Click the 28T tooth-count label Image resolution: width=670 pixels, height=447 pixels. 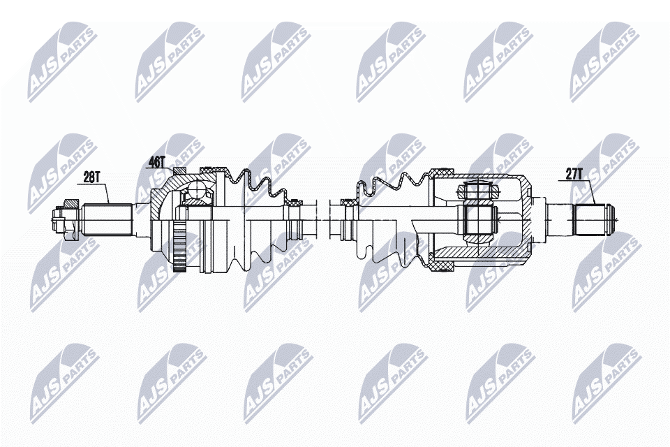click(x=92, y=177)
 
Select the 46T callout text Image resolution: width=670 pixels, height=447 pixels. click(x=156, y=162)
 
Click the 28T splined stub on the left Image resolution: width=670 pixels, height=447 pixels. click(x=109, y=219)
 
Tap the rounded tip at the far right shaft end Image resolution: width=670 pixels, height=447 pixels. click(x=613, y=219)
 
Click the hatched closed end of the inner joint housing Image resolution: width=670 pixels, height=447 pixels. click(x=528, y=219)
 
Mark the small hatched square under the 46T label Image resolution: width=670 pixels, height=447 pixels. click(x=179, y=172)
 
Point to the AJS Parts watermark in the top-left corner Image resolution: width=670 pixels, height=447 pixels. click(x=60, y=59)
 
